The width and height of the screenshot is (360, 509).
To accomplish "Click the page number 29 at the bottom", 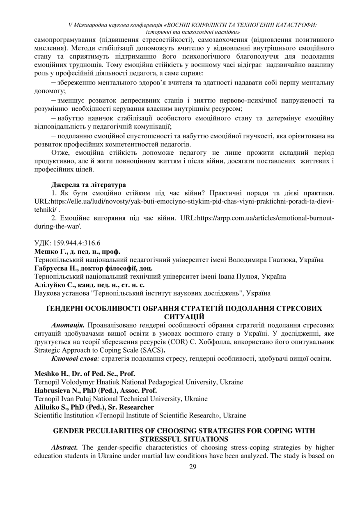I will [x=180, y=467].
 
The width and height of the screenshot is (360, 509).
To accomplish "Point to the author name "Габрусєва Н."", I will [x=55, y=268].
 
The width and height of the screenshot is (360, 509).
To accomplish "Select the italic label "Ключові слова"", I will [x=76, y=359].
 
